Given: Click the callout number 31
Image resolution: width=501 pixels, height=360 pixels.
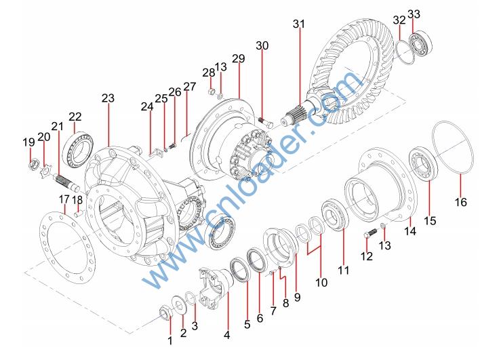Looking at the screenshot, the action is tap(299, 24).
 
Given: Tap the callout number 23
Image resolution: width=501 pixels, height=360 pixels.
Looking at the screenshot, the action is tap(108, 98).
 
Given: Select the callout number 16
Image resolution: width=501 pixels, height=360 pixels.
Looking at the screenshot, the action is tap(461, 202).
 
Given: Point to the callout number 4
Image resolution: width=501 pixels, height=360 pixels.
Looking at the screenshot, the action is tap(227, 335).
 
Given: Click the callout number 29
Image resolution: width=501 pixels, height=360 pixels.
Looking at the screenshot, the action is tap(239, 58).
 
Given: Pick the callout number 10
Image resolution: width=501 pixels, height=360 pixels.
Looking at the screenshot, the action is tap(321, 283).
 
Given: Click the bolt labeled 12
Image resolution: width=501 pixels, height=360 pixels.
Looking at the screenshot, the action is tap(370, 233).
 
